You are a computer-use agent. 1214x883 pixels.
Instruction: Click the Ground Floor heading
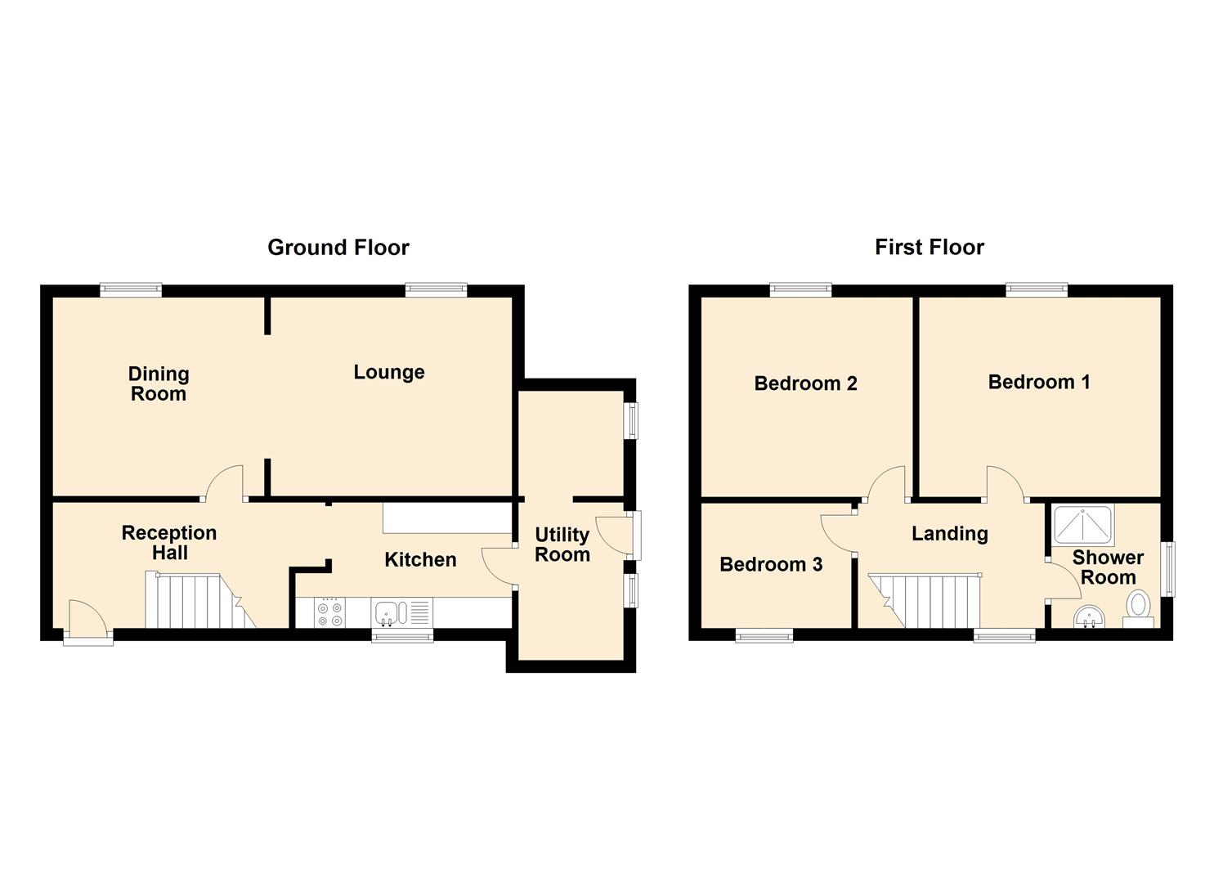tap(338, 248)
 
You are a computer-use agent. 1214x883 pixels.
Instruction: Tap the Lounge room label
tap(389, 372)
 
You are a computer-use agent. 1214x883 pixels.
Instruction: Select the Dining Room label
tap(159, 383)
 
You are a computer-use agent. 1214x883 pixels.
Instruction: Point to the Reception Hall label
tap(169, 543)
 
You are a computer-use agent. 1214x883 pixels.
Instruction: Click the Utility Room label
tap(562, 545)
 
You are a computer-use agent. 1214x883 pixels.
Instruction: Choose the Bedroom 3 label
tap(771, 564)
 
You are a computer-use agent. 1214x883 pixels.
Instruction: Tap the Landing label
tap(949, 534)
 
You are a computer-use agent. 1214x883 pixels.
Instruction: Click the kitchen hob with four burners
tap(329, 613)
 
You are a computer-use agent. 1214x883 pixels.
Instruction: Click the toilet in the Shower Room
tap(1138, 609)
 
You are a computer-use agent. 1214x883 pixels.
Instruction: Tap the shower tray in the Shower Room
tap(1083, 525)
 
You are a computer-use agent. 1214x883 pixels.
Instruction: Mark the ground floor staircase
tap(200, 599)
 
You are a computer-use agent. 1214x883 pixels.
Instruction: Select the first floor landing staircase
tap(925, 601)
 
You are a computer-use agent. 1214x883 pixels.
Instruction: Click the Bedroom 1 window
tap(1037, 289)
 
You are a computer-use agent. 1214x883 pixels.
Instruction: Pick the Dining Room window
tap(131, 289)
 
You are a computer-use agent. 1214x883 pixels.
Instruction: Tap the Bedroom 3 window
tap(764, 635)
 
